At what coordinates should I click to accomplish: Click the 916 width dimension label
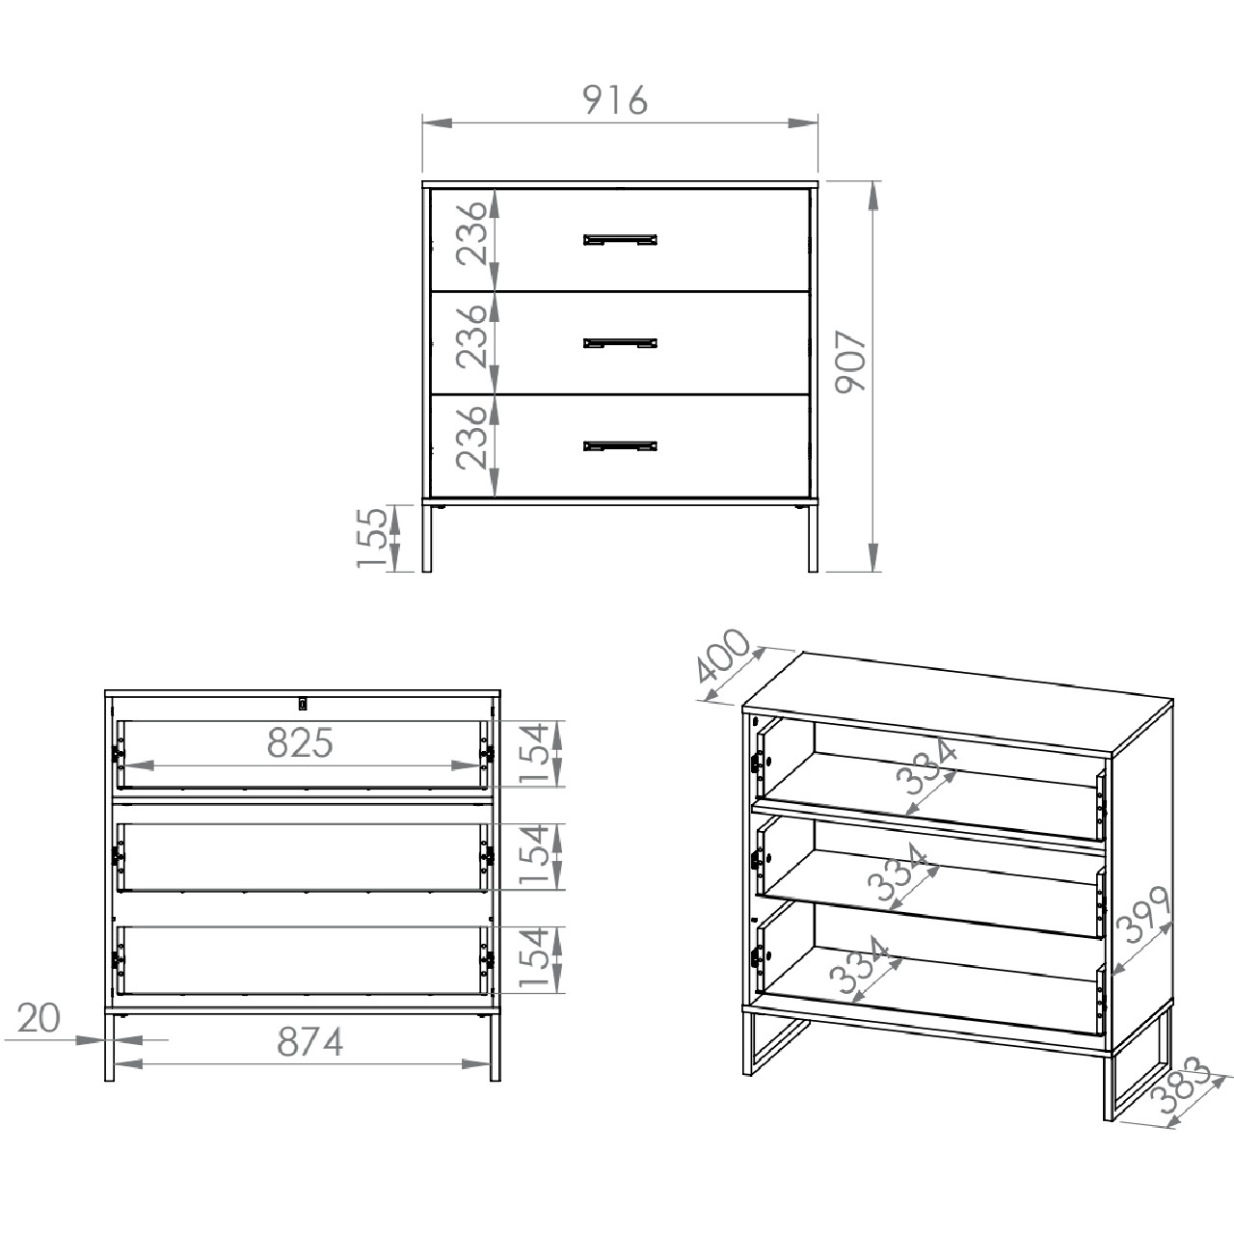[615, 100]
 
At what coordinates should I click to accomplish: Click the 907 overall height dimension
[851, 361]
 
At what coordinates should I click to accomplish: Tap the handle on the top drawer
[620, 240]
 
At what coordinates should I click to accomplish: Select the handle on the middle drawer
[620, 343]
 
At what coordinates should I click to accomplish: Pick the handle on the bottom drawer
[620, 445]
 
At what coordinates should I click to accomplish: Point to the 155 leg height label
[372, 537]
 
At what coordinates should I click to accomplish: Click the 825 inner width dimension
[301, 743]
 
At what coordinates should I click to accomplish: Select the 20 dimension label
[39, 1017]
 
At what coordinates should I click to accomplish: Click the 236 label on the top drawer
[472, 233]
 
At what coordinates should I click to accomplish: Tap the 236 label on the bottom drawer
[472, 438]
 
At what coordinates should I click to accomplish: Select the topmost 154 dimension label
[535, 753]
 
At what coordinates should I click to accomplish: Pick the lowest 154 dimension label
[535, 958]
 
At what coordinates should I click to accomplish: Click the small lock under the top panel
[303, 704]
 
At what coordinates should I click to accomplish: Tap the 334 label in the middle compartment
[898, 872]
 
